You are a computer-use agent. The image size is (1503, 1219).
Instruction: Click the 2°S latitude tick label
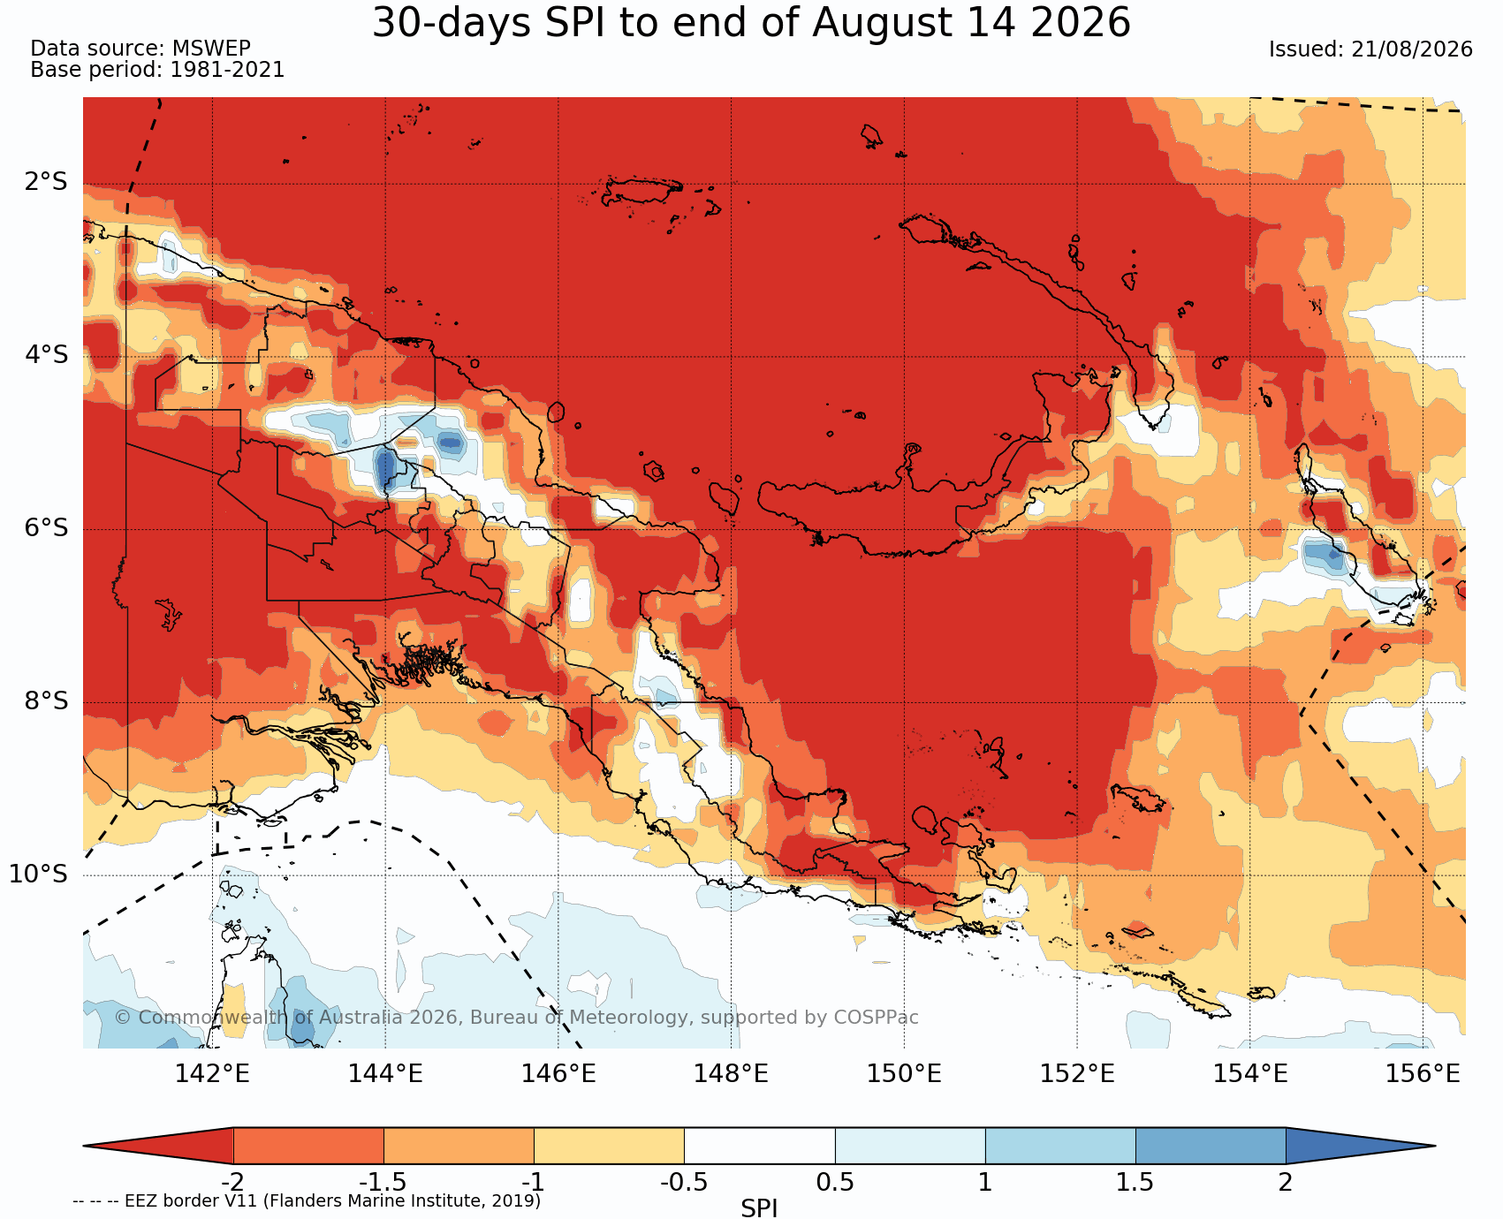tap(46, 182)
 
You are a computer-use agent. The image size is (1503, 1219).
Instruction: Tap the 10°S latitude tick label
tap(39, 874)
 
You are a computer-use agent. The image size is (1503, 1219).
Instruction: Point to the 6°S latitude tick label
tap(46, 528)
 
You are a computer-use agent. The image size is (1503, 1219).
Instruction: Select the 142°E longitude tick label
tap(212, 1074)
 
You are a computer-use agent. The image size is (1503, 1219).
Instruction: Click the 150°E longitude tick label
tap(904, 1074)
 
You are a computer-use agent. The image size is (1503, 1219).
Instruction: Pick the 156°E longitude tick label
tap(1423, 1074)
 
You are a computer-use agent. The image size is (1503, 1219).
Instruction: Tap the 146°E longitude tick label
tap(558, 1074)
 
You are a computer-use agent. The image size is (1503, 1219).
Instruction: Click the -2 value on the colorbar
tap(232, 1182)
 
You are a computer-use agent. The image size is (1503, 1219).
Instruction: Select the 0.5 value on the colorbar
tap(835, 1182)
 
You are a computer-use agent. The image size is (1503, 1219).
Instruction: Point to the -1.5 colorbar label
tap(383, 1182)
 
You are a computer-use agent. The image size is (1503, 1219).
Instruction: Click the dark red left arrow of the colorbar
tap(158, 1146)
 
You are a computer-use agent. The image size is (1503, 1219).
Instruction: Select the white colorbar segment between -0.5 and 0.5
tap(760, 1146)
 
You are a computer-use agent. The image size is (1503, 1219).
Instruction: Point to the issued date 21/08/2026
tap(1412, 49)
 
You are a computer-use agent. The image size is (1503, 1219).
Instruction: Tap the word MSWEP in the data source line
tap(212, 49)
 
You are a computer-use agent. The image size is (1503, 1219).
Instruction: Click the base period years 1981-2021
tap(227, 70)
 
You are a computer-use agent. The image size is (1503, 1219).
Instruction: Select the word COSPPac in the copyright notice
tap(876, 1018)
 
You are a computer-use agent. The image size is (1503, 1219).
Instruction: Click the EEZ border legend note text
tap(307, 1201)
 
